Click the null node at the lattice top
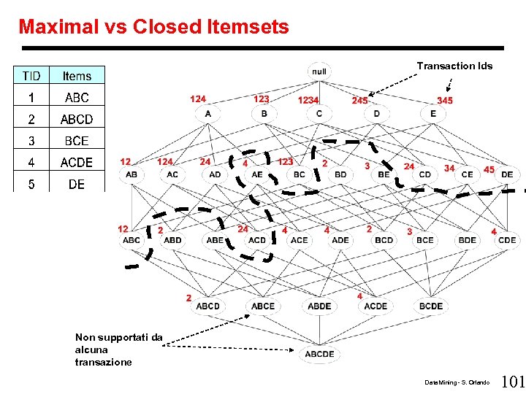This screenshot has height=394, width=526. tap(319, 72)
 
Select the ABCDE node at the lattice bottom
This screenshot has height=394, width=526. tap(319, 354)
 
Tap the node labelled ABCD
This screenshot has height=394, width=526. tap(207, 306)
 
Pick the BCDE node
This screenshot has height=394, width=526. tap(431, 306)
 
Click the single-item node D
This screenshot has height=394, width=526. tap(377, 114)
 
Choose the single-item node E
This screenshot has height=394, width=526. tap(433, 114)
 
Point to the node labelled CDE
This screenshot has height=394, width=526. tap(507, 240)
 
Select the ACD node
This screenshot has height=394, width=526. tap(257, 240)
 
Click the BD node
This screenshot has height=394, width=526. tap(340, 175)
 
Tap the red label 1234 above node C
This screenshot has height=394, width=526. tap(308, 100)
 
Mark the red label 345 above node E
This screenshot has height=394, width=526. tap(444, 100)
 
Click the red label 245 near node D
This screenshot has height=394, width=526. tap(359, 100)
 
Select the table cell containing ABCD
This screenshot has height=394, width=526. tap(77, 119)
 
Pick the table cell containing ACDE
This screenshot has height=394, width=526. tap(77, 162)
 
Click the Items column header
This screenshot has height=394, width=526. tap(77, 76)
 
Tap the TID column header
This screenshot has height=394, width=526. tap(31, 76)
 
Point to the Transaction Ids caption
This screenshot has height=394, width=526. tap(454, 66)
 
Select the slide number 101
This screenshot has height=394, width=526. tap(514, 382)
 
